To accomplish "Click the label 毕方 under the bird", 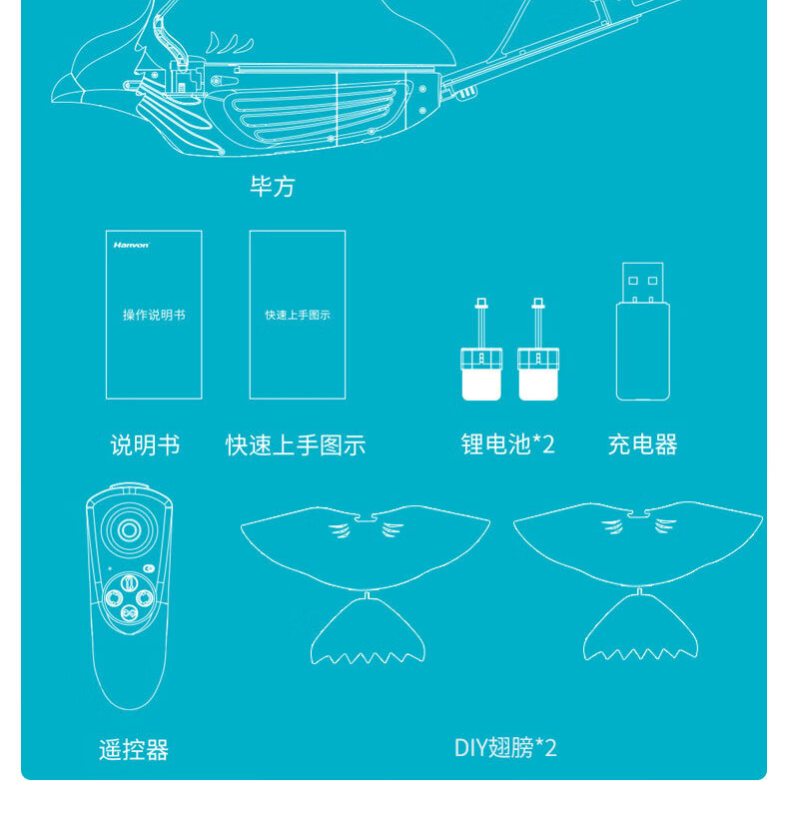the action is (x=272, y=187).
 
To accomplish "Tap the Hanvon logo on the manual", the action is (x=131, y=245).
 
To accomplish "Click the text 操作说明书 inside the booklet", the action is (x=154, y=315).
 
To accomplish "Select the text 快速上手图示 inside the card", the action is (x=297, y=315).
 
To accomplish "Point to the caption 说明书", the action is (x=145, y=444).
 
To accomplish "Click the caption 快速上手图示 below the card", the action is (x=296, y=444).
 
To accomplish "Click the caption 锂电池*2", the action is (x=507, y=444).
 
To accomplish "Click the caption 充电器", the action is (x=642, y=444).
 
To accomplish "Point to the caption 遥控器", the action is (x=134, y=749).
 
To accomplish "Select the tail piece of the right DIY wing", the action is (x=640, y=631).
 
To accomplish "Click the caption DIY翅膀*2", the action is (x=505, y=748).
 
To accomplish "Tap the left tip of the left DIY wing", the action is (x=246, y=526).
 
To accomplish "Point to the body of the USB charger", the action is (x=642, y=350).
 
